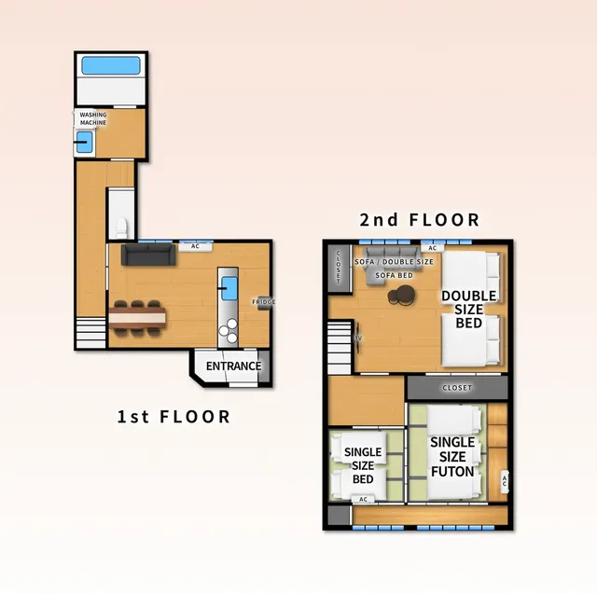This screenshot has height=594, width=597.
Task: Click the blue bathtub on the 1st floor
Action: tap(111, 65)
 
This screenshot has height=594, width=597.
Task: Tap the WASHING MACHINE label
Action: tap(93, 118)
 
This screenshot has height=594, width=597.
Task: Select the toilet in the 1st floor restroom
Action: tap(121, 228)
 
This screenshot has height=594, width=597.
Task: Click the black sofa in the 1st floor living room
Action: tap(148, 255)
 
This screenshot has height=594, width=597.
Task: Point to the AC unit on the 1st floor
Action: tap(195, 246)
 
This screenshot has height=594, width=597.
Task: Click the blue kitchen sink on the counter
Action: tap(229, 288)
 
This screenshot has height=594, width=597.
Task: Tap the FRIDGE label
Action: tap(263, 302)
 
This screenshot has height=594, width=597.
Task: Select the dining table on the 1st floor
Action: tap(137, 317)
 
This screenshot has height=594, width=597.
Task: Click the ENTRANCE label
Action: tap(233, 366)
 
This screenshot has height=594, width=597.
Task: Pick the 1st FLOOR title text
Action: tap(174, 417)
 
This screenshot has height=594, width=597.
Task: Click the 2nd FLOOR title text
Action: tap(419, 219)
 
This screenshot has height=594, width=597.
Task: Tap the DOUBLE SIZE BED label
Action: tap(468, 309)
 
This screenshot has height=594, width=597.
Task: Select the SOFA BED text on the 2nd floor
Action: tap(394, 275)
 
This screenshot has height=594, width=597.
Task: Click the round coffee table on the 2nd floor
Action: tap(401, 296)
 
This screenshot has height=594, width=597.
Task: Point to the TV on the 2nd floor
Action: tap(358, 338)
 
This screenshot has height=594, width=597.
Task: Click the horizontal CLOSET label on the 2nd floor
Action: tap(457, 387)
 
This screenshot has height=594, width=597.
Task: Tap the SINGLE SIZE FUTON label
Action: tap(452, 457)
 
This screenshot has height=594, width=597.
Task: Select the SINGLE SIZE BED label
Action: tap(363, 465)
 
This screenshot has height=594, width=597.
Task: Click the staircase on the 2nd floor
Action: tap(340, 347)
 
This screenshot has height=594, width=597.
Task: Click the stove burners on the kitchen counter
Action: tap(229, 330)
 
